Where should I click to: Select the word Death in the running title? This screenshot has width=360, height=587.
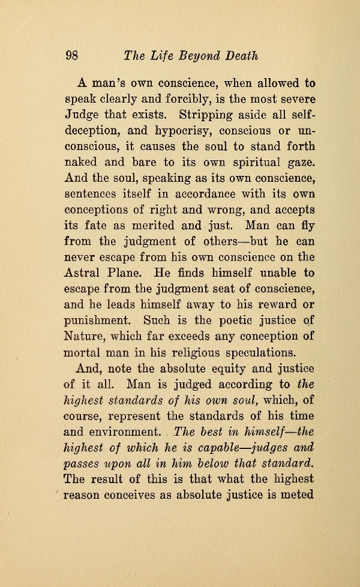pyautogui.click(x=242, y=56)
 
